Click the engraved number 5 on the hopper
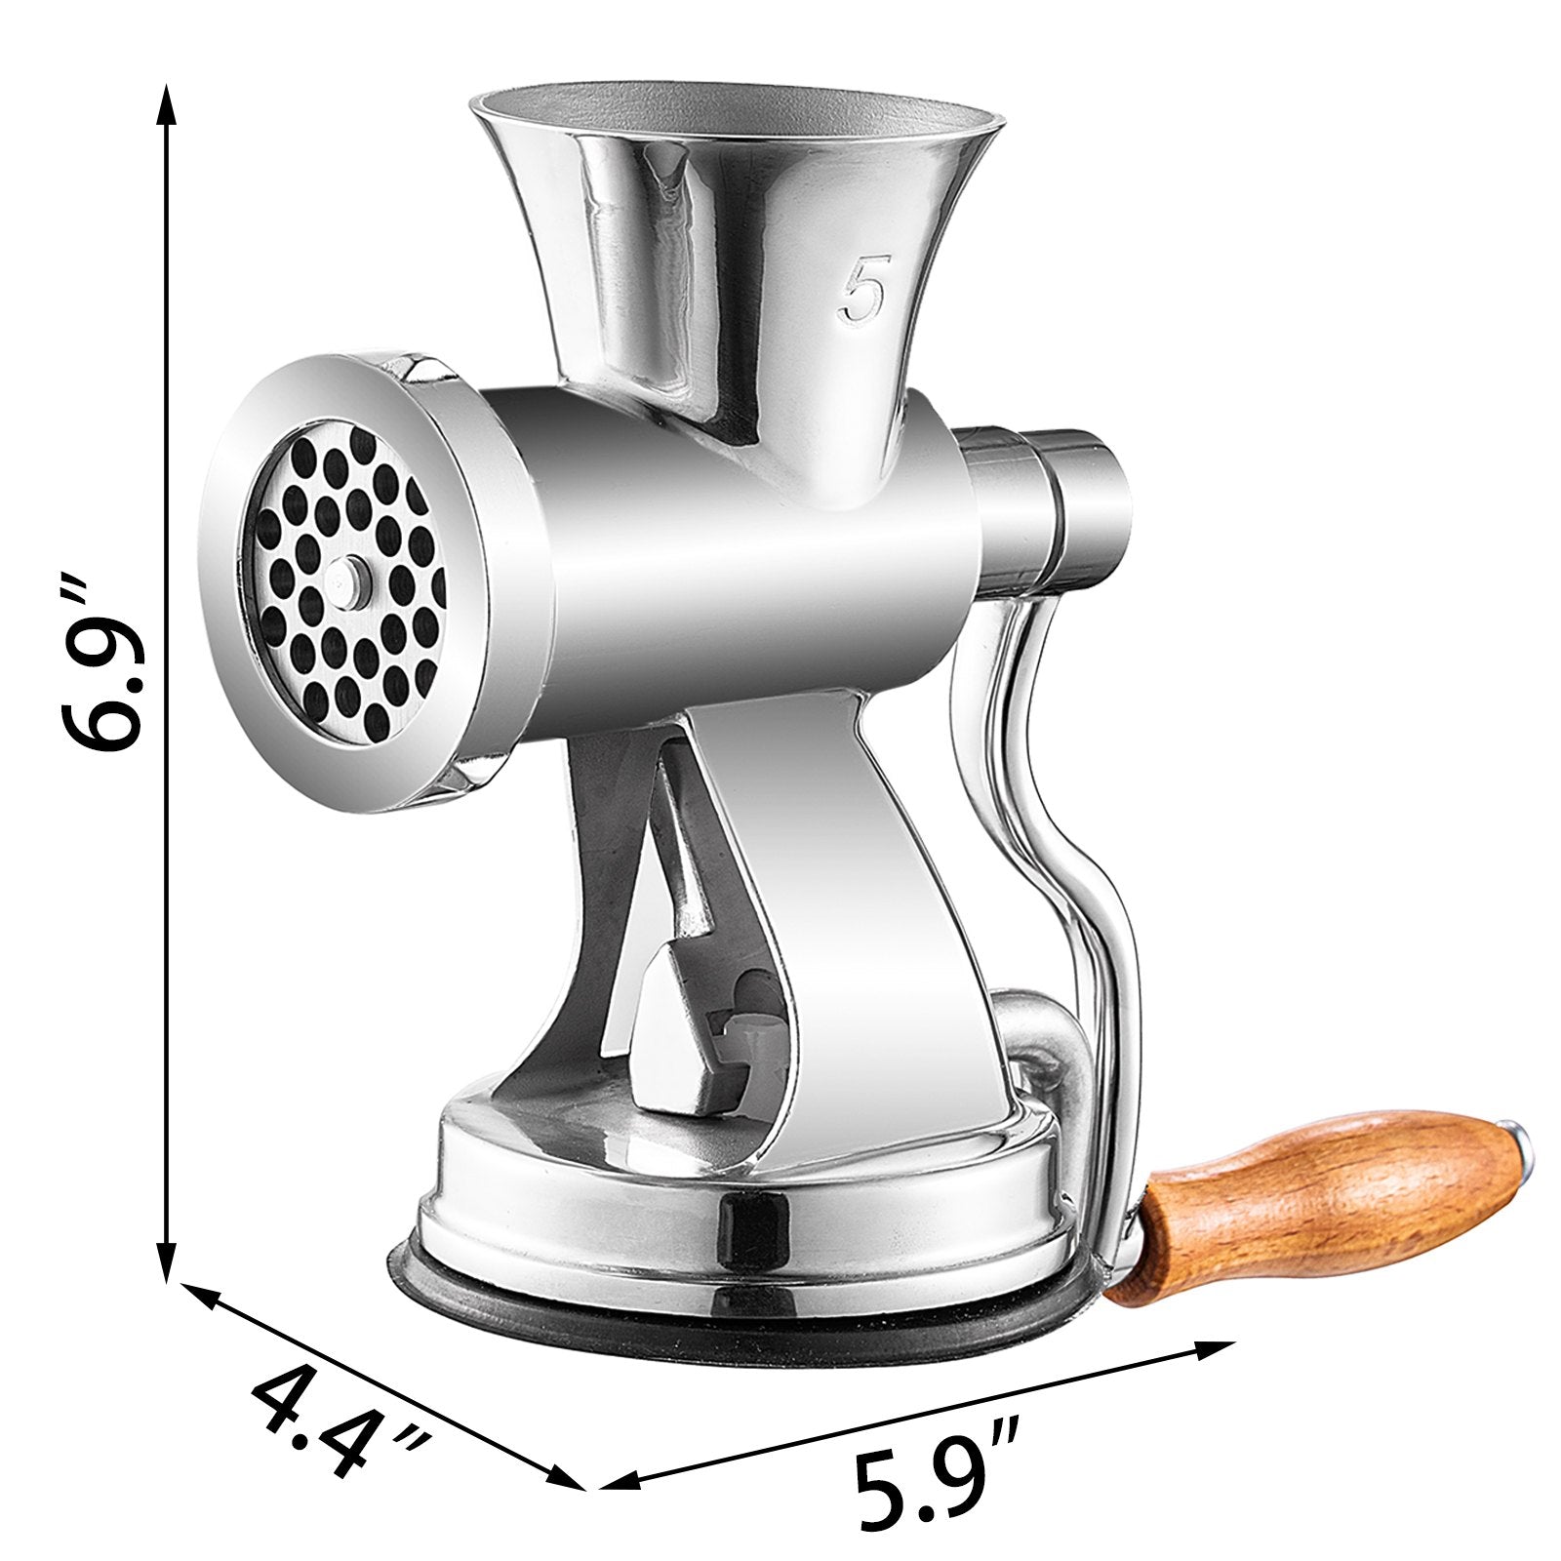pyautogui.click(x=863, y=290)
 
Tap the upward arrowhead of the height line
pyautogui.click(x=169, y=102)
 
